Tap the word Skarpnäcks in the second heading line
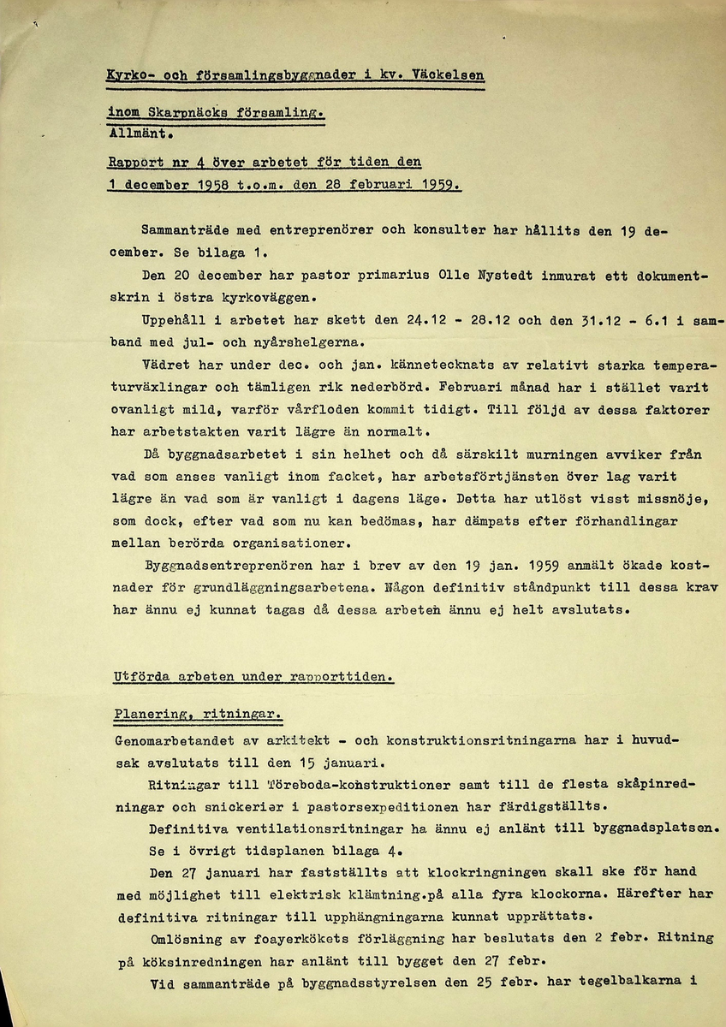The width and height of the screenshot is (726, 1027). point(182,112)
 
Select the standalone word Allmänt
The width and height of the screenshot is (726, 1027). point(140,133)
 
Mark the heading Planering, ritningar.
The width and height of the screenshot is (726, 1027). point(198,715)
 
